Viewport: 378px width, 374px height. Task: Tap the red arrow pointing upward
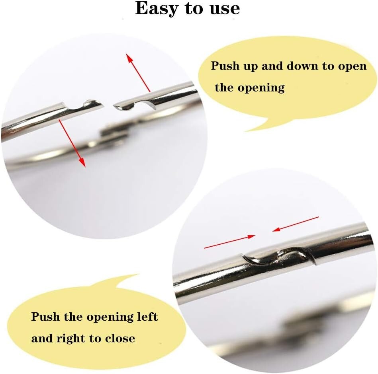point(138,73)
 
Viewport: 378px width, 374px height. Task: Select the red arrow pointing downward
point(72,143)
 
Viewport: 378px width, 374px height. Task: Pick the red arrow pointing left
point(296,224)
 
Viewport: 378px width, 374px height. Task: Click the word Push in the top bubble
point(225,66)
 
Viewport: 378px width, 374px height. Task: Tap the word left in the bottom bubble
point(147,316)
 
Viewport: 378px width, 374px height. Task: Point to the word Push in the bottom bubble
point(46,316)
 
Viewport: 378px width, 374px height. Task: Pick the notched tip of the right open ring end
point(121,106)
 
